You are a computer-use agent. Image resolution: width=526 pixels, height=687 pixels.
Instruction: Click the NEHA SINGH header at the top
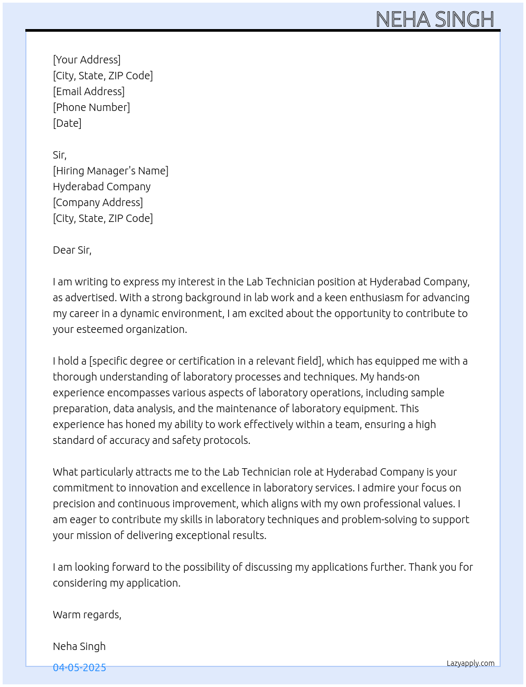point(435,20)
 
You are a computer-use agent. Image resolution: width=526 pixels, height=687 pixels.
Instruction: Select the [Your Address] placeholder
point(87,60)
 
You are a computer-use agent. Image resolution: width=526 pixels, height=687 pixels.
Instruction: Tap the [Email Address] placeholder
point(89,91)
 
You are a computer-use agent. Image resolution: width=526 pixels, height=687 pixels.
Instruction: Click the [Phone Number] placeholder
point(91,107)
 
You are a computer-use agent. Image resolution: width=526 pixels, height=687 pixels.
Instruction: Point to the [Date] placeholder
point(67,123)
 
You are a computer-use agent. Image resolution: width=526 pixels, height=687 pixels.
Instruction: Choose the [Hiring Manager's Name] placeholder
point(110,171)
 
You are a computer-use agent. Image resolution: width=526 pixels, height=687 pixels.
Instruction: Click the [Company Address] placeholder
point(98,202)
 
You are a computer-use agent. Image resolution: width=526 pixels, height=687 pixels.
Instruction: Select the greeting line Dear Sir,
point(72,250)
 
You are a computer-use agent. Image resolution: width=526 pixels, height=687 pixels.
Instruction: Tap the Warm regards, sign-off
point(87,615)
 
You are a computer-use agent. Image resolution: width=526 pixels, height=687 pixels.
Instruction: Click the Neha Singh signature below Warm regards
point(79,646)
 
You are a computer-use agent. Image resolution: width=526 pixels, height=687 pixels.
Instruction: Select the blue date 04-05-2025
point(79,667)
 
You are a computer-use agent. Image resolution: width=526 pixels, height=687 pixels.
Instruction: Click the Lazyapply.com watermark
point(471,663)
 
